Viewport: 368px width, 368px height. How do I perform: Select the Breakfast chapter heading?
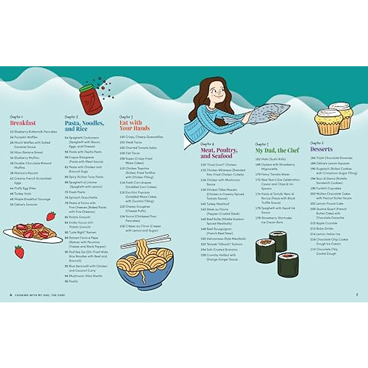[23, 123]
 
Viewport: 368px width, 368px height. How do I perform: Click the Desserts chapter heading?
[321, 149]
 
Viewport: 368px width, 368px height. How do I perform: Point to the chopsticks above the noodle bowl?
[145, 241]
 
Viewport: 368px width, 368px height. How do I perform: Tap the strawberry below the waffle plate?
[19, 252]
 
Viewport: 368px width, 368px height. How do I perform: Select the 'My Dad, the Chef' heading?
[277, 150]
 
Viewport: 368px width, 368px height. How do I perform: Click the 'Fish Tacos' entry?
[132, 153]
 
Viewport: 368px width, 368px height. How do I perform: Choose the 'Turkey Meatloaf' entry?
[218, 204]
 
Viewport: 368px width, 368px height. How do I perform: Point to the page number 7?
[357, 295]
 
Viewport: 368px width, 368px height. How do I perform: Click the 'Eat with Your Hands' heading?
[134, 125]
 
